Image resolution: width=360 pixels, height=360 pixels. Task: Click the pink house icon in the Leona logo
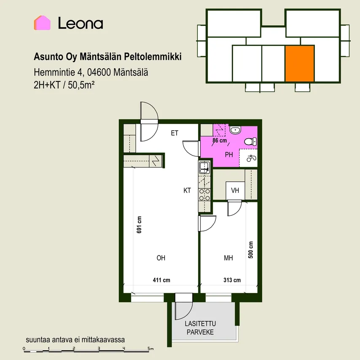tap(42, 23)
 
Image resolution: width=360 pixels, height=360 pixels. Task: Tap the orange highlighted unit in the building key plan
tap(300, 63)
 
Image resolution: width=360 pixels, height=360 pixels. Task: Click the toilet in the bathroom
tap(250, 142)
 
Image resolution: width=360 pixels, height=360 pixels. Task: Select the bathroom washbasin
tap(235, 130)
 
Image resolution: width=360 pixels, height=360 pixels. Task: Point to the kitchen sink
tap(204, 167)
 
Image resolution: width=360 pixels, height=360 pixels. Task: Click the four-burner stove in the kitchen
tap(204, 194)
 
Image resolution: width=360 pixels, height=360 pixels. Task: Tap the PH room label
tap(229, 155)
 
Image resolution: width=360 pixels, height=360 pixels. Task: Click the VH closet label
tap(235, 191)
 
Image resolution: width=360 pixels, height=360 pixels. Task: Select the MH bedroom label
tap(228, 258)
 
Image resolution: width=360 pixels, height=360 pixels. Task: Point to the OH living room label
tap(161, 258)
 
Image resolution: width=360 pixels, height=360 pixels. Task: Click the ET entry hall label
tap(175, 133)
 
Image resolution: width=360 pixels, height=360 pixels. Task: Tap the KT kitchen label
tap(187, 191)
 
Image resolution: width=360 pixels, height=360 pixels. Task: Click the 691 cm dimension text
tap(139, 225)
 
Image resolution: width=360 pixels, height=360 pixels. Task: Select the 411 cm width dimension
tap(161, 280)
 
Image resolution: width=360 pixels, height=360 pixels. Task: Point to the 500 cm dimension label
tap(251, 250)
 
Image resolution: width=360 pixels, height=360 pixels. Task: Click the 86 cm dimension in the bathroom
tap(220, 140)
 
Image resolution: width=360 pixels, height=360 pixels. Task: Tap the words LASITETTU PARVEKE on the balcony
tap(200, 328)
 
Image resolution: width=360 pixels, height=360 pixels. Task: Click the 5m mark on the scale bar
tap(150, 349)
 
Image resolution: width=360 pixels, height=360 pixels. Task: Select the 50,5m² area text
tap(81, 85)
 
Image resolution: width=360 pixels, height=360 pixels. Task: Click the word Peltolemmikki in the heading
tap(153, 57)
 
